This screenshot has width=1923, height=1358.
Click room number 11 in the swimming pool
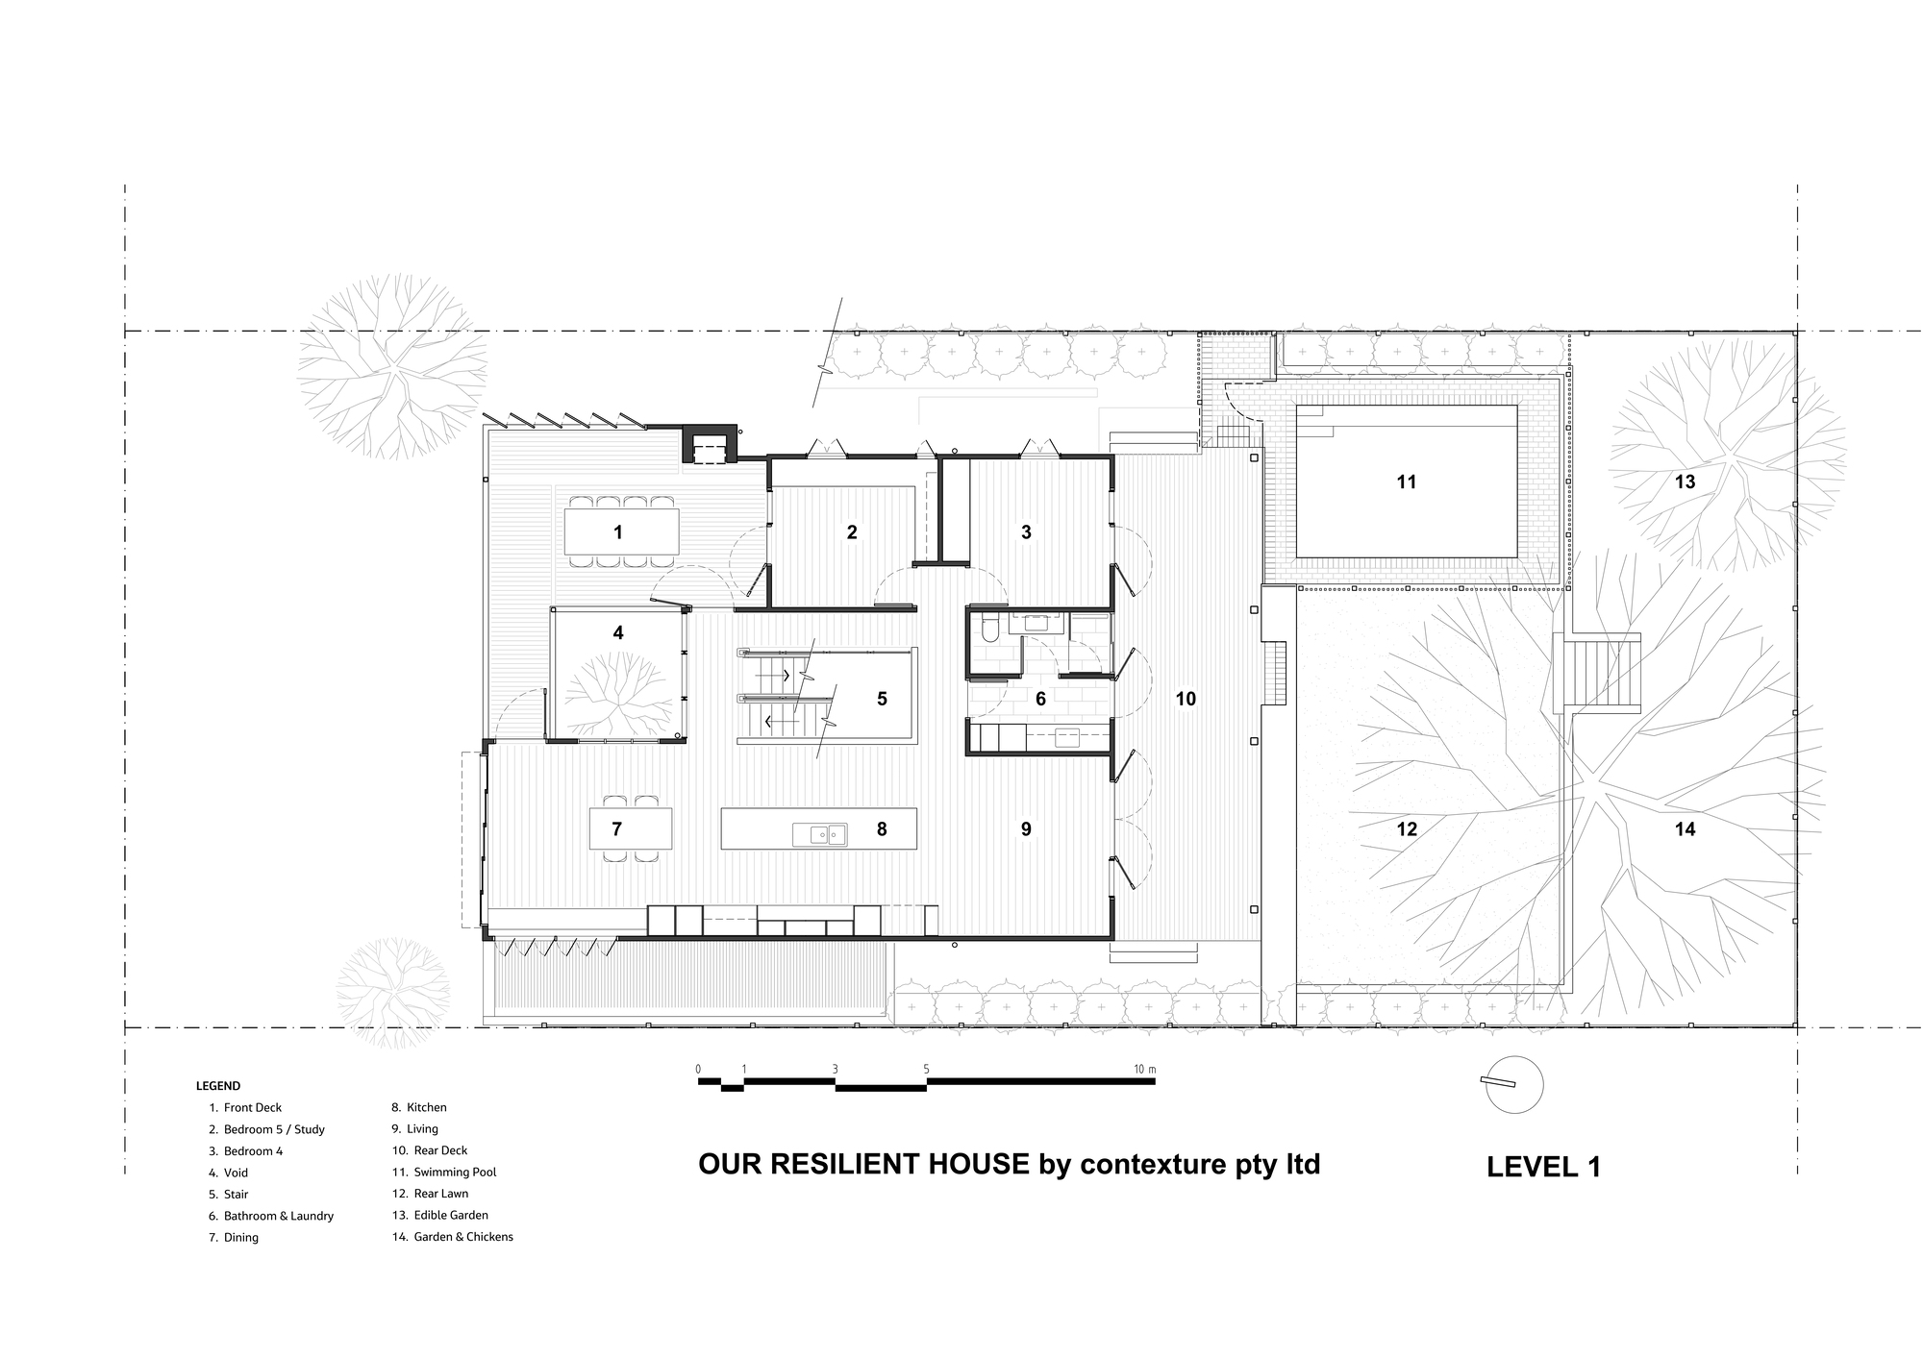[1406, 482]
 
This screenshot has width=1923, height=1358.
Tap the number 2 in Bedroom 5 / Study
[852, 532]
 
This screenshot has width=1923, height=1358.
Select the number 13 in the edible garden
[1685, 482]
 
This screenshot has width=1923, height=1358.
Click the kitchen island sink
[820, 835]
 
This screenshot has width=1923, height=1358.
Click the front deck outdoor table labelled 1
[621, 531]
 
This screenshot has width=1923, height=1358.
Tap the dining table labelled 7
[630, 828]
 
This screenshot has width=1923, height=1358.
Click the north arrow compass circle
[1513, 1085]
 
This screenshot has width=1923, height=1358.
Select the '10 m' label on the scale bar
[1143, 1069]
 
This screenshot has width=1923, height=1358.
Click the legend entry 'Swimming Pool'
[455, 1173]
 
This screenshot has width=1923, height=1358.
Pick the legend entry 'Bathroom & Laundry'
[278, 1216]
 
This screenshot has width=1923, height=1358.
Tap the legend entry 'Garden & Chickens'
[462, 1237]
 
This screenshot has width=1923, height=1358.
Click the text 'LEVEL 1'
[1543, 1167]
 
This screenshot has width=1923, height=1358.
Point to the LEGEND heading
[218, 1086]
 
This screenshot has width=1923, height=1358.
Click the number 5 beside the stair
[882, 699]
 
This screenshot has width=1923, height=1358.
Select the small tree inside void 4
[618, 692]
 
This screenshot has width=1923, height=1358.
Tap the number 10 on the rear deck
[1186, 699]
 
